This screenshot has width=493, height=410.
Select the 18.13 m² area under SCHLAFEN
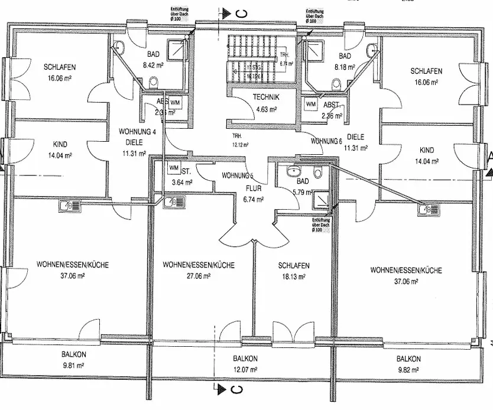294,276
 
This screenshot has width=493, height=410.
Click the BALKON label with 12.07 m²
245,359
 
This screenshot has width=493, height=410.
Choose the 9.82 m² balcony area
408,369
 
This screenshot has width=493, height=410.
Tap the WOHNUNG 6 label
326,141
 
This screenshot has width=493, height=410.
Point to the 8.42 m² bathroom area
153,67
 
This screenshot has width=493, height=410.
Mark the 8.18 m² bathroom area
345,67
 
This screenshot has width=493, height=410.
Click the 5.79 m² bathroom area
301,193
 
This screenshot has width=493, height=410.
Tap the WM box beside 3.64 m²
174,168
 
